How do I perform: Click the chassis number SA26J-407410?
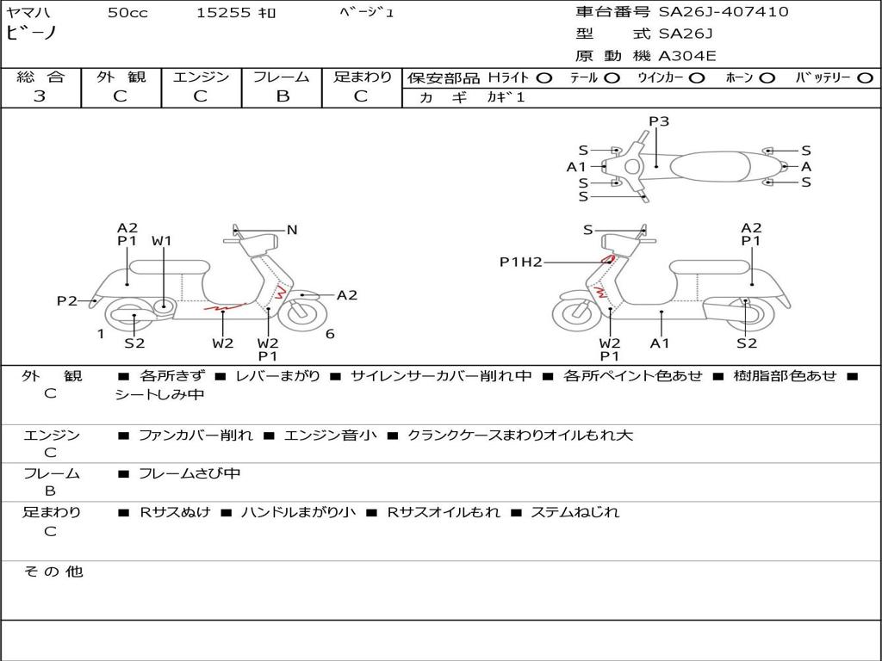[724, 12]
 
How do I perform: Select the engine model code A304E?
[687, 56]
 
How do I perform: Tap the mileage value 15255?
[223, 13]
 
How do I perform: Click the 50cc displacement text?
[127, 13]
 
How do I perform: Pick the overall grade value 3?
[40, 96]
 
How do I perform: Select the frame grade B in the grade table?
[282, 96]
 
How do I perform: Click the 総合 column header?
[40, 77]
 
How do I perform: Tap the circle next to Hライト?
[543, 78]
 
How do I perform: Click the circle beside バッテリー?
[865, 78]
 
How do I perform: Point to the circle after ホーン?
[767, 78]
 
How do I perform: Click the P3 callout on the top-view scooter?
[659, 121]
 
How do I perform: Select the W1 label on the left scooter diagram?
[162, 241]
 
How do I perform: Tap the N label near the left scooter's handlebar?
[292, 230]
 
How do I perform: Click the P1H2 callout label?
[521, 263]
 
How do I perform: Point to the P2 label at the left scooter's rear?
[67, 300]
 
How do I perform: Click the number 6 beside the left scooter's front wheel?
[330, 334]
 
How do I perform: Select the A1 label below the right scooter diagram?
[661, 343]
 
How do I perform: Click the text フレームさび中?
[189, 473]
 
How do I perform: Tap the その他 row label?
[53, 571]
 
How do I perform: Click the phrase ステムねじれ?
[575, 512]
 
